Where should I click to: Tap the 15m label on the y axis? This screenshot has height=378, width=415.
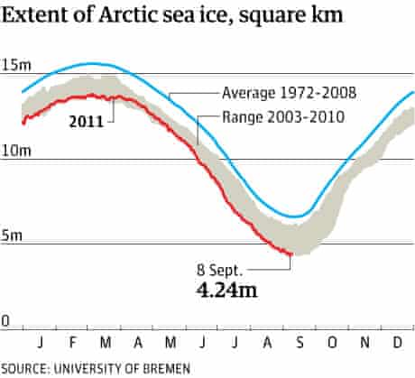click(14, 64)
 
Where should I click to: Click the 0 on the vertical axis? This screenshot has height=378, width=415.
click(5, 320)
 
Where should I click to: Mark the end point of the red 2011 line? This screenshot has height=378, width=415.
click(290, 254)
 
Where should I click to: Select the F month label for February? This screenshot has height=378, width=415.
click(71, 344)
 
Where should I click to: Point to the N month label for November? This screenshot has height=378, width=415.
click(365, 344)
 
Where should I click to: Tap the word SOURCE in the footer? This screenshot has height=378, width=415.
click(25, 368)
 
